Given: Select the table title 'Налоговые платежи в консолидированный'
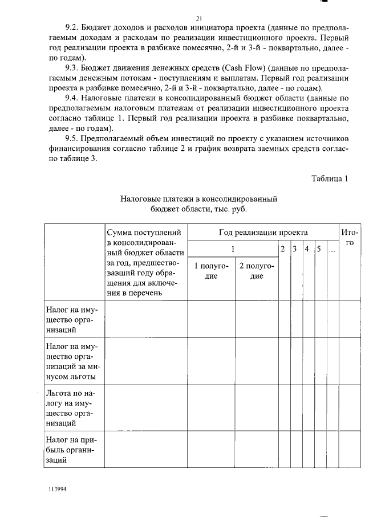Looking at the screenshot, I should tap(198, 199).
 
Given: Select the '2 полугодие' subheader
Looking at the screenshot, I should tap(257, 271).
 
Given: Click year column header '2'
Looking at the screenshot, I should tap(282, 249).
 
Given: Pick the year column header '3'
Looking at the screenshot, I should tap(294, 249).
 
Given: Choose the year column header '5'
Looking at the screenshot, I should tap(319, 249).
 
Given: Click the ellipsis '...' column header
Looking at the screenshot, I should tap(331, 250).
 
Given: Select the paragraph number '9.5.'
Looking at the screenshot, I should tap(73, 139).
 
